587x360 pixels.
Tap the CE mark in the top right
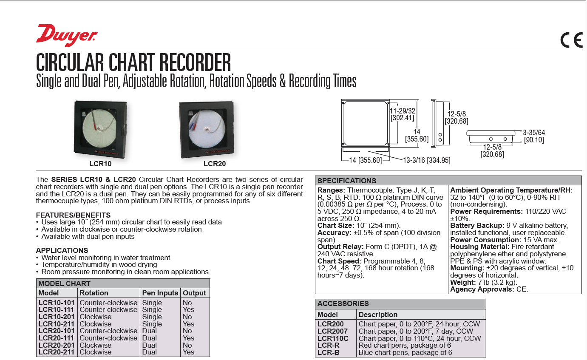[x=571, y=40]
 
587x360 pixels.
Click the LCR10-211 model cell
[x=57, y=324]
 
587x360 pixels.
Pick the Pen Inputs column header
[x=160, y=293]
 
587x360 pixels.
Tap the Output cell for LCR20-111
[x=188, y=338]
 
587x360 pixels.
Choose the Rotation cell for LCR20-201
[x=96, y=345]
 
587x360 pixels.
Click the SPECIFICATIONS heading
[x=347, y=180]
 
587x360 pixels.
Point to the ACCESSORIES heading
[x=343, y=303]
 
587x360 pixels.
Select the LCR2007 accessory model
[x=332, y=331]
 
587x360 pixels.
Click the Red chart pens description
[x=405, y=345]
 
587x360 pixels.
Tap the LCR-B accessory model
[x=328, y=352]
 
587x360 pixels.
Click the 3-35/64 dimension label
[x=533, y=133]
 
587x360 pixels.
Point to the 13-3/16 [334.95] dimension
[x=426, y=160]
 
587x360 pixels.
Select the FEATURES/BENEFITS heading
[x=73, y=215]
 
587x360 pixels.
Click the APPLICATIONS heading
[x=62, y=250]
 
